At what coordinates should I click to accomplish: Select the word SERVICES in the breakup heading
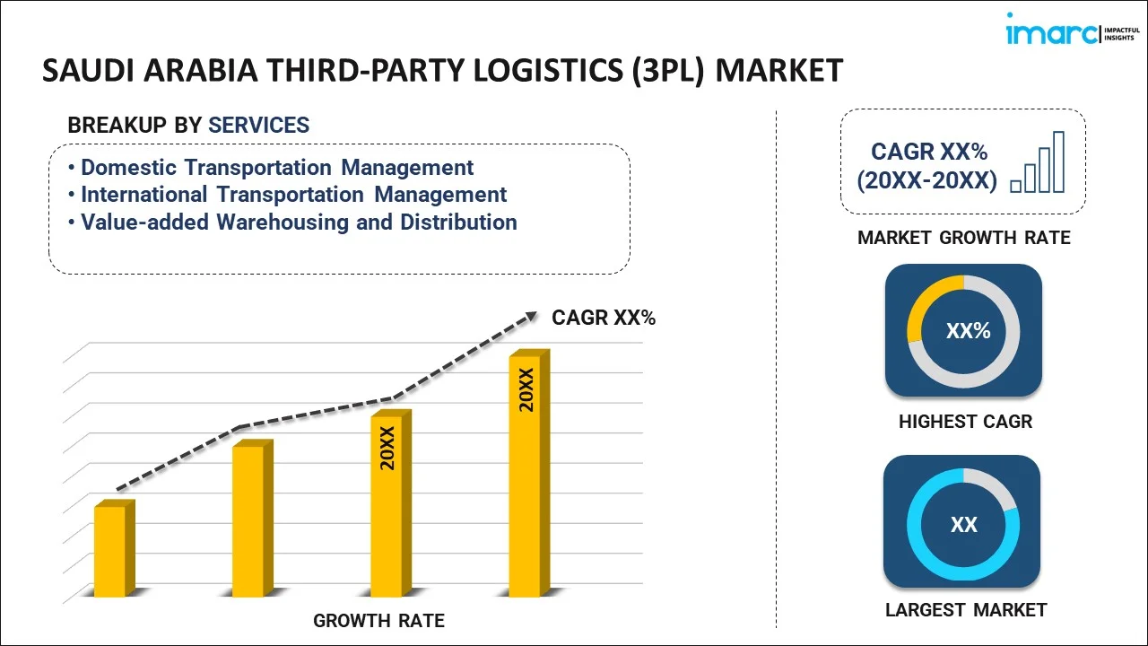tap(258, 126)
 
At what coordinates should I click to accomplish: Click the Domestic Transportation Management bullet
tap(277, 168)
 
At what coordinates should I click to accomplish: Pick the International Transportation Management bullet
tap(293, 195)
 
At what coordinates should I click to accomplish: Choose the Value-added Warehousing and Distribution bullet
tap(299, 223)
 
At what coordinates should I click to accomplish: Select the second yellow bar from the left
tap(249, 520)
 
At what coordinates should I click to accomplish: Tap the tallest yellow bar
tap(526, 476)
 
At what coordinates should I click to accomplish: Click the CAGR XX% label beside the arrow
tap(603, 318)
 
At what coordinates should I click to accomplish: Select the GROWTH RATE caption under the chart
tap(378, 621)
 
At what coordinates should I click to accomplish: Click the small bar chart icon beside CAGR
tap(1038, 163)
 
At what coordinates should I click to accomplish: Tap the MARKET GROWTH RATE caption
tap(963, 238)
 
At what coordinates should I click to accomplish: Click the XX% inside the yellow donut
tap(968, 331)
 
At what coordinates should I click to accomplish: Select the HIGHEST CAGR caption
tap(965, 422)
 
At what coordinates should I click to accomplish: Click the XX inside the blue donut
tap(963, 525)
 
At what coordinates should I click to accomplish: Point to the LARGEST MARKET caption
tap(965, 610)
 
